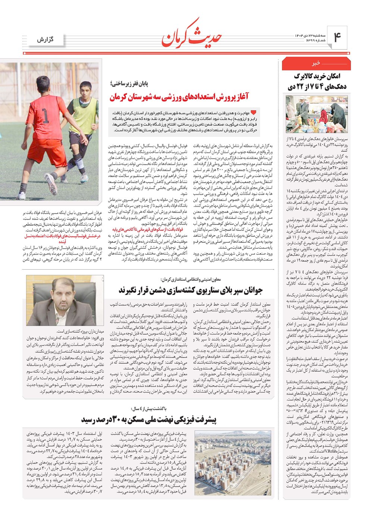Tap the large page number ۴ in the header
click(338, 37)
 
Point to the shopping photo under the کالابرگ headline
click(316, 114)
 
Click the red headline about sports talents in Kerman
click(179, 98)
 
